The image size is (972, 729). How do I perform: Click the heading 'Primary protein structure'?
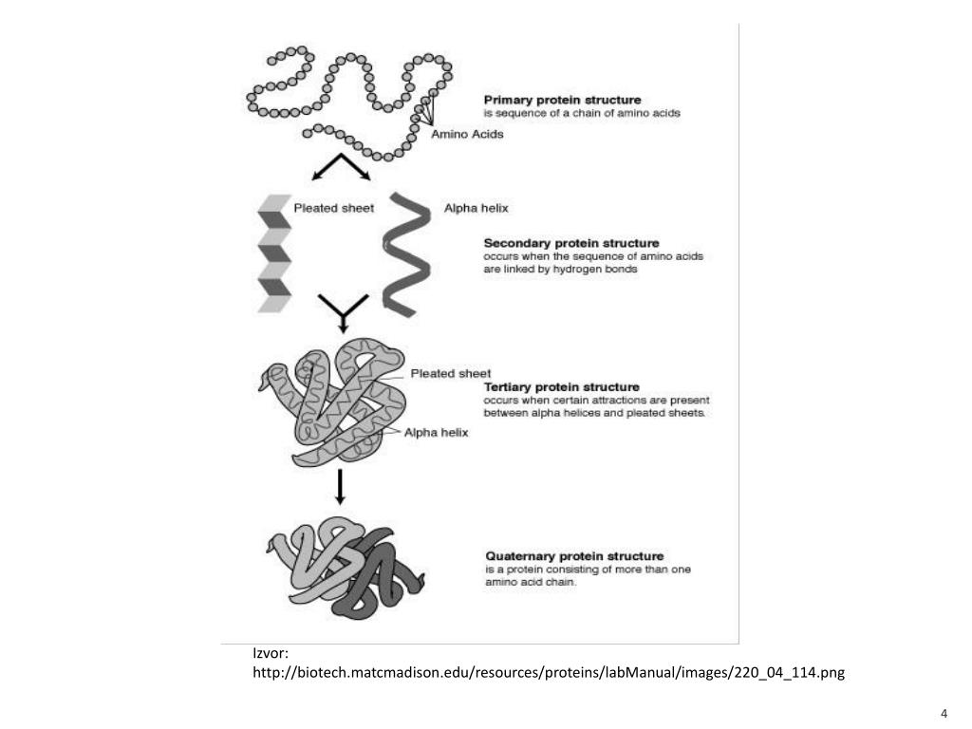562,100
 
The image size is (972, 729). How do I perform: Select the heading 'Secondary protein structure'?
570,243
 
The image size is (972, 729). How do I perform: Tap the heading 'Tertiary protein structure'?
561,387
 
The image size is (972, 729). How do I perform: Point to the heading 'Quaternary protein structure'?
574,556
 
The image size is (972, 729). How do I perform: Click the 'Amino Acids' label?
467,134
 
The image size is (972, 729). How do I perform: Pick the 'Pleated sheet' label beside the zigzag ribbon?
333,208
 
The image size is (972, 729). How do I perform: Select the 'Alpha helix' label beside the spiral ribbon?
476,208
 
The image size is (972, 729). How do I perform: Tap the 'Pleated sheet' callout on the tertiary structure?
450,373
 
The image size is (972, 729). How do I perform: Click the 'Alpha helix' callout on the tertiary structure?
436,432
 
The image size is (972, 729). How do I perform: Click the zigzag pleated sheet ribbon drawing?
274,252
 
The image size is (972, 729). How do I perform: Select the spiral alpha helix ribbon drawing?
406,254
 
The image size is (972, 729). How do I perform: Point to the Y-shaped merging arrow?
343,312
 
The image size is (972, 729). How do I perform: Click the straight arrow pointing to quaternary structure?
340,487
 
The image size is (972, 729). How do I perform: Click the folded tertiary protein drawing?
331,402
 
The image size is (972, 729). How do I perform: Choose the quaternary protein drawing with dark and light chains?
345,570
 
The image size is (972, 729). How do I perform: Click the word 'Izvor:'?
271,653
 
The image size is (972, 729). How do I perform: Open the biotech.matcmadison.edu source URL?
548,673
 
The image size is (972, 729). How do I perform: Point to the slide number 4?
944,714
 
